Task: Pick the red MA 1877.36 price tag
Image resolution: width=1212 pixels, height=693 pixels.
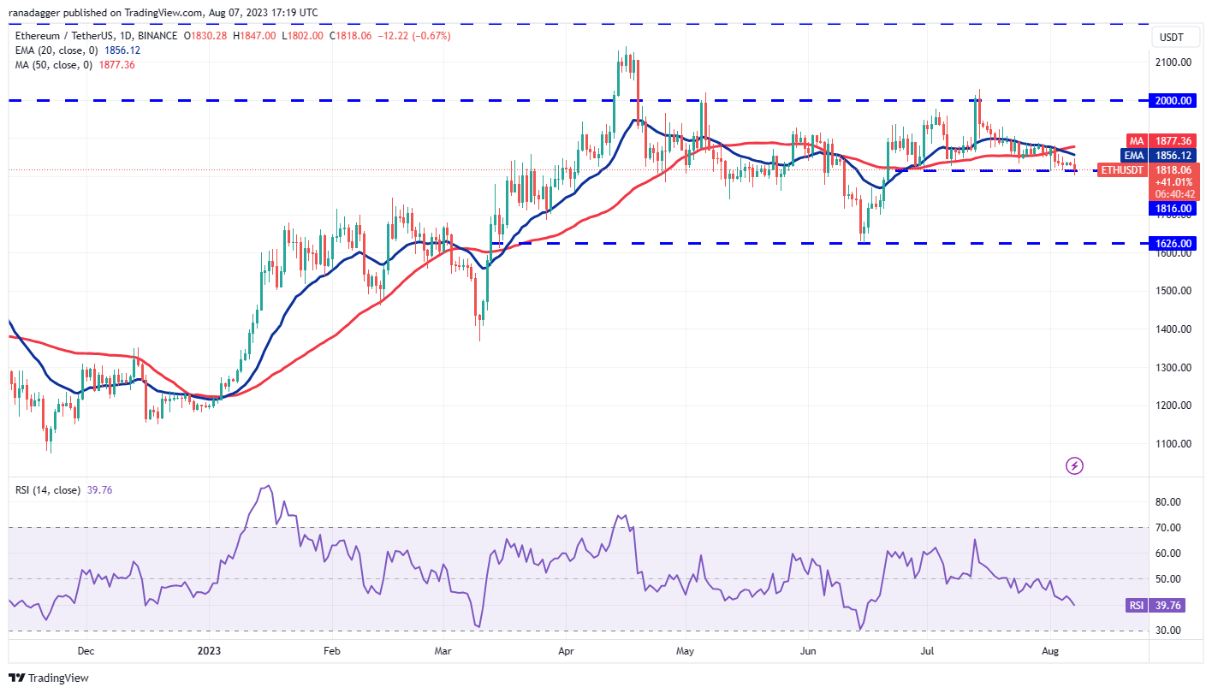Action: pos(1169,140)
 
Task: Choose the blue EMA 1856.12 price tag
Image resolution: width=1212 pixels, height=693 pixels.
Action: pos(1169,156)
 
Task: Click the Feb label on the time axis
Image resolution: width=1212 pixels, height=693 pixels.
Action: pos(332,651)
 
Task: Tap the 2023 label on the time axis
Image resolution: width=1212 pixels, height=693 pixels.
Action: pos(209,651)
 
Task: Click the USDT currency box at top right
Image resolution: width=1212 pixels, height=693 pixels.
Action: pos(1172,37)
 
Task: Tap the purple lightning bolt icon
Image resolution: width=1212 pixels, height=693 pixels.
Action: pos(1074,466)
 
